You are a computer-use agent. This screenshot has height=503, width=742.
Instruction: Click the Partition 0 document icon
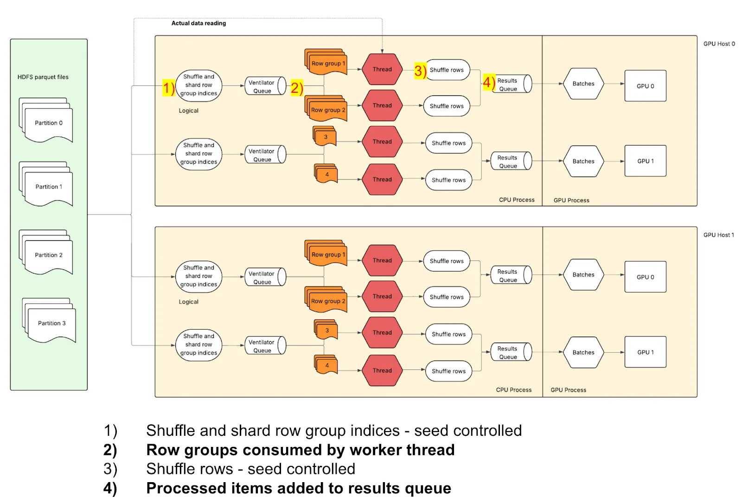pyautogui.click(x=47, y=121)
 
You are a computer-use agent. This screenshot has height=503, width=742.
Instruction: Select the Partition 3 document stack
pyautogui.click(x=50, y=322)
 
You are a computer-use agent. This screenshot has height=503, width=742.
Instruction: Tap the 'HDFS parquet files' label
pyautogui.click(x=43, y=77)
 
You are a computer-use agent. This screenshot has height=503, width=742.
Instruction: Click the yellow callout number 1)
pyautogui.click(x=168, y=88)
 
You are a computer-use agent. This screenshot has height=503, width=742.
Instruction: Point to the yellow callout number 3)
pyautogui.click(x=420, y=70)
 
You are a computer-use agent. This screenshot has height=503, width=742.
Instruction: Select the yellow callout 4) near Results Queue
pyautogui.click(x=489, y=83)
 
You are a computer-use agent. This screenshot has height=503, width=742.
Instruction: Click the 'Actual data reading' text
pyautogui.click(x=198, y=23)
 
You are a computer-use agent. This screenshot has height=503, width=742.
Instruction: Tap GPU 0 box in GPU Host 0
pyautogui.click(x=645, y=86)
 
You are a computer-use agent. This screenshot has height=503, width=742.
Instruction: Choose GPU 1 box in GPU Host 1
pyautogui.click(x=645, y=352)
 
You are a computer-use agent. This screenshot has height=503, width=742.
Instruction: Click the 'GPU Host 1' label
pyautogui.click(x=718, y=235)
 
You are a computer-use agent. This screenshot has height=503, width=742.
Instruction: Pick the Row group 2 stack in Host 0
pyautogui.click(x=326, y=108)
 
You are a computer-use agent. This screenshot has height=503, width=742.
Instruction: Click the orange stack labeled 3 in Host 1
pyautogui.click(x=326, y=330)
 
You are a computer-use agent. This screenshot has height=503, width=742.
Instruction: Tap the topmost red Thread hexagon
pyautogui.click(x=382, y=70)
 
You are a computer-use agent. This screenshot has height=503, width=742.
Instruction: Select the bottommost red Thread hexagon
pyautogui.click(x=382, y=370)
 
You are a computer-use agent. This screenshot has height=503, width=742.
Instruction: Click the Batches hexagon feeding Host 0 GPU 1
pyautogui.click(x=583, y=161)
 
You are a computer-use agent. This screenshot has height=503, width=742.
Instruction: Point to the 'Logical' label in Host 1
pyautogui.click(x=188, y=302)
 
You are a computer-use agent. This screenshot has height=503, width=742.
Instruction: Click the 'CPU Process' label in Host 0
pyautogui.click(x=517, y=200)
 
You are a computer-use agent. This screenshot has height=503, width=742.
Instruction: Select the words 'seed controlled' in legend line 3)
pyautogui.click(x=301, y=469)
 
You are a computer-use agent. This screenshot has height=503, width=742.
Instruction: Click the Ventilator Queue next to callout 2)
pyautogui.click(x=264, y=86)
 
